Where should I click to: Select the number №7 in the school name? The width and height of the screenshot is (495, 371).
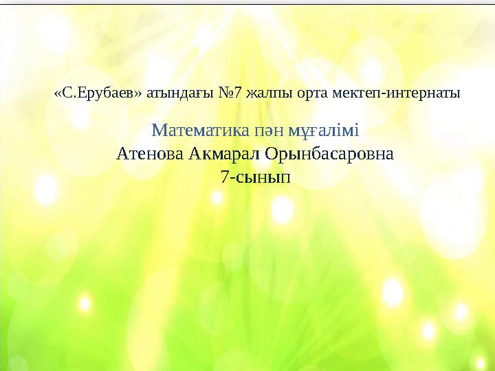pos(226,92)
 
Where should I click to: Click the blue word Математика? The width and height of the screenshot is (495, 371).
pos(193,130)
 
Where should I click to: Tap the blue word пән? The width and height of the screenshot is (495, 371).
pos(256,130)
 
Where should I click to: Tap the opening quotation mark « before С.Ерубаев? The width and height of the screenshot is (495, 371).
pos(57,93)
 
